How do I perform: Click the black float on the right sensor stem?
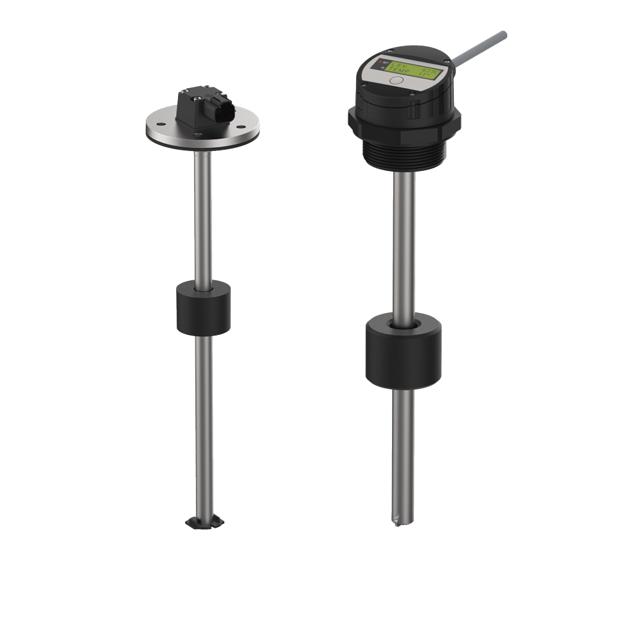(404, 350)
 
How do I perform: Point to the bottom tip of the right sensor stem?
(403, 521)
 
